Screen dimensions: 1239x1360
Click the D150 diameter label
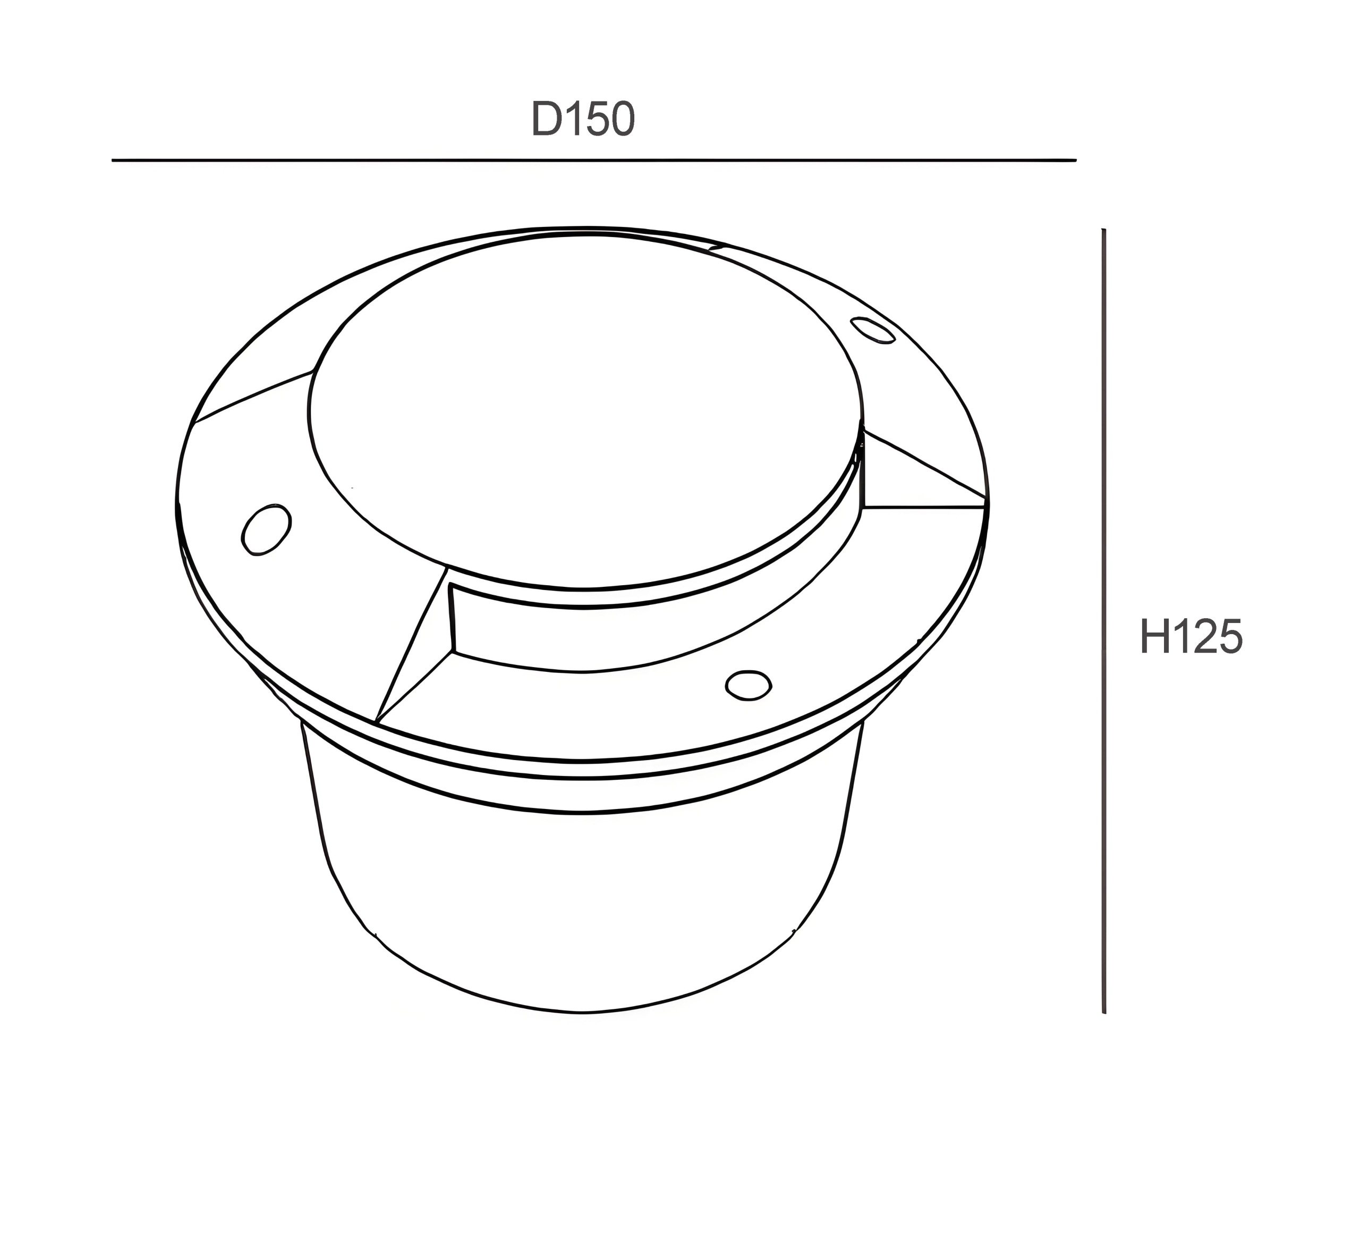[x=583, y=120]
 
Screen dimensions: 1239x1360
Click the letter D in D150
[x=547, y=120]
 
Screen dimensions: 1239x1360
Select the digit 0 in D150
[x=620, y=120]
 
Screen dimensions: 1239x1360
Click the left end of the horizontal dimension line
[x=113, y=161]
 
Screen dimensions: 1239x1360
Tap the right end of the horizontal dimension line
[x=1075, y=161]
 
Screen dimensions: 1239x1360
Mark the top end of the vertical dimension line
[x=1103, y=231]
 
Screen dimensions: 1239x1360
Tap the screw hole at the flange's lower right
[x=748, y=685]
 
